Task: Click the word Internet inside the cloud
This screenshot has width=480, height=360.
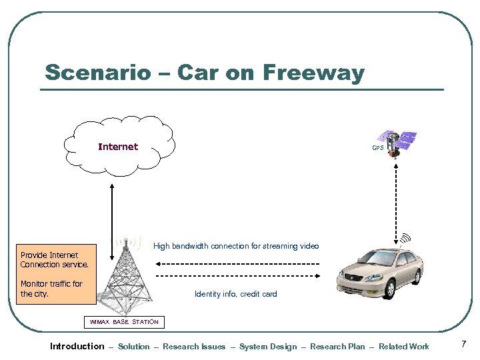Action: (118, 147)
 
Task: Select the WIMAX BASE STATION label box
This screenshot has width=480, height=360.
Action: (124, 322)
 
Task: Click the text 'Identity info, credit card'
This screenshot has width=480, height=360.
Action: (235, 294)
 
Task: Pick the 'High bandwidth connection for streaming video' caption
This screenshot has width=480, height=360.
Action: (236, 246)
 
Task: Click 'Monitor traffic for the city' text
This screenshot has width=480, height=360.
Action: (51, 289)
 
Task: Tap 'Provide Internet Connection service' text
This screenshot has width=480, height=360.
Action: (54, 260)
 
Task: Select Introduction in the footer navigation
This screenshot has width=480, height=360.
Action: (77, 346)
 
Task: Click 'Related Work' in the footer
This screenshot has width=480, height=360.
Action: (403, 347)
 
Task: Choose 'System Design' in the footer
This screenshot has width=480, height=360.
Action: (268, 347)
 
